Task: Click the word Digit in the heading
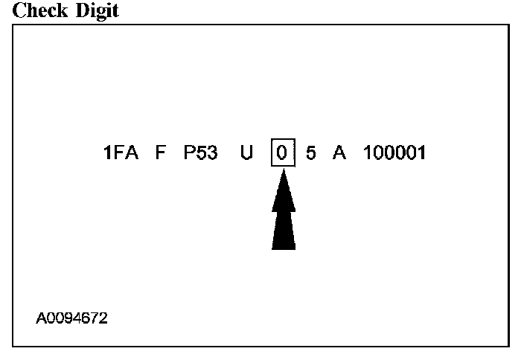pyautogui.click(x=95, y=11)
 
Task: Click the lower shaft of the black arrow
pyautogui.click(x=284, y=231)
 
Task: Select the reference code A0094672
pyautogui.click(x=71, y=318)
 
